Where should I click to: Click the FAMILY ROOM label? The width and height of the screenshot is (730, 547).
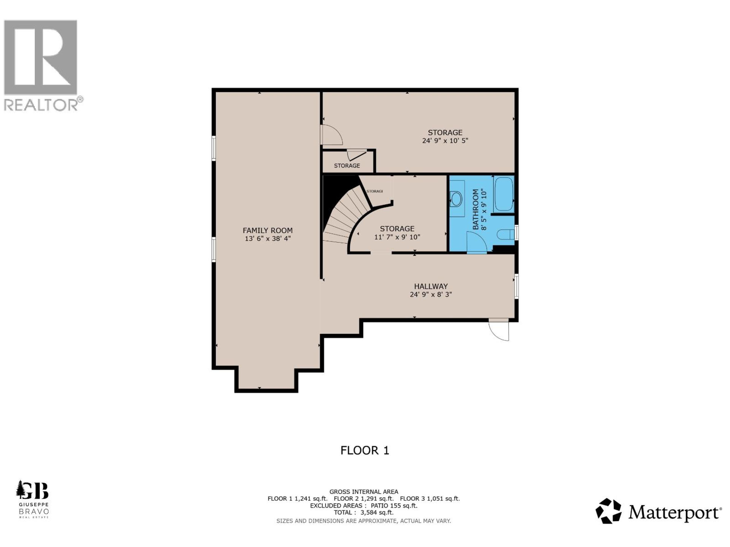point(268,230)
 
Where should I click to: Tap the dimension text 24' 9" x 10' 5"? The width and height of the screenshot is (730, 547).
point(445,141)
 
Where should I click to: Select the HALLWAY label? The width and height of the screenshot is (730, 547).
point(431,286)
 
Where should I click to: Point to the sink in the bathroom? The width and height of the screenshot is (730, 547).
point(457,199)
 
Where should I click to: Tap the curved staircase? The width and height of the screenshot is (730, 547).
point(343,218)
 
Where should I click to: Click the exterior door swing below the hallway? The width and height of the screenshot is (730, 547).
point(499,330)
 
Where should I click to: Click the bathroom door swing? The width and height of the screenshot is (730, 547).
point(477,243)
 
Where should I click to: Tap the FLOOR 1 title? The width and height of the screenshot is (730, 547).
point(365,450)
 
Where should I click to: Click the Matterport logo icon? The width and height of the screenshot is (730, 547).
point(608,511)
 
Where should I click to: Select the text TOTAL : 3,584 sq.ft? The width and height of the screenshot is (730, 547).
point(363,512)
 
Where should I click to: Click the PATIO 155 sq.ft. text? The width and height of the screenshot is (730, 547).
point(394,505)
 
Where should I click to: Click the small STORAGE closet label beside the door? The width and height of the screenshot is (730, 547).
point(347,165)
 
